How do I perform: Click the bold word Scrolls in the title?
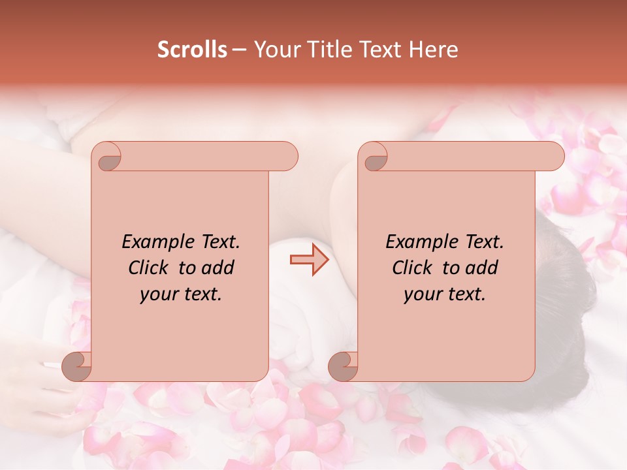(192, 50)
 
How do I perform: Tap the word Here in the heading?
(433, 50)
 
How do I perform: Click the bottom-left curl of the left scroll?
(78, 366)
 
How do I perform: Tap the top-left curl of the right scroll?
(376, 159)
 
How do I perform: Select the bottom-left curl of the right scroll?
(344, 366)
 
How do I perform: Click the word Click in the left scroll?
(148, 268)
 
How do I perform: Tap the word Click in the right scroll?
(411, 268)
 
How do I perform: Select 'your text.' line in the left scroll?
(180, 294)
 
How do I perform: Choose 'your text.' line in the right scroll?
(444, 294)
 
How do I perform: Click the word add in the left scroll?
(218, 268)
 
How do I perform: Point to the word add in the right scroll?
(482, 268)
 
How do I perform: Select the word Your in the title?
(277, 50)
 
